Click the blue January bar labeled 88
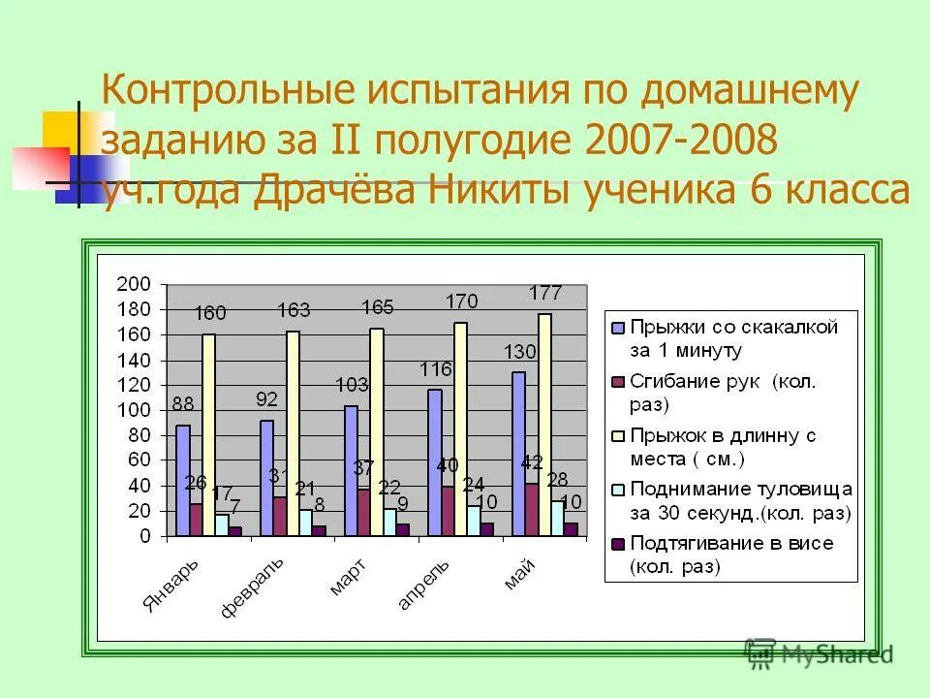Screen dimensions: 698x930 tap(183, 481)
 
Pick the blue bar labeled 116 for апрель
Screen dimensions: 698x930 tap(434, 462)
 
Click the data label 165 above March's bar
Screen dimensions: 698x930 tap(378, 307)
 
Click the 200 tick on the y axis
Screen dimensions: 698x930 tap(134, 284)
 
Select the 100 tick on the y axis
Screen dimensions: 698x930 tap(134, 410)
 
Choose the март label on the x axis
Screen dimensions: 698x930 tap(346, 576)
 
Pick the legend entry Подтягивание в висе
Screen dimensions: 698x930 tap(730, 543)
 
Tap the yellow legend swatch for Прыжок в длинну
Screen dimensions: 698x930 tap(616, 435)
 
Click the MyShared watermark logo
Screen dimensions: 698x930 tap(819, 654)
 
